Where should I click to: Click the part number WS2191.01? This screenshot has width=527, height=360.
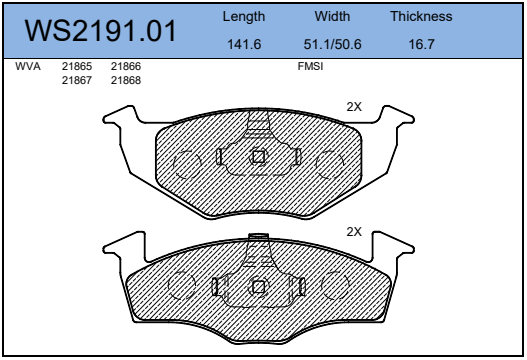[x=100, y=31]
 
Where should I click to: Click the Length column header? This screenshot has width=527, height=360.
[x=244, y=17]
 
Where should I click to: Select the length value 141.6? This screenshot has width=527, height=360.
[x=244, y=44]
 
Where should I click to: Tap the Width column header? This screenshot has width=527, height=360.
[x=332, y=16]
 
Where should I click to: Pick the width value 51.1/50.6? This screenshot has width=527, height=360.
[x=332, y=44]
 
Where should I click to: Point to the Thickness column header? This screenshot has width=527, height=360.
[x=421, y=16]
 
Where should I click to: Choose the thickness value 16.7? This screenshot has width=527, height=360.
[x=421, y=44]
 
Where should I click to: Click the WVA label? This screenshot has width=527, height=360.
[x=28, y=66]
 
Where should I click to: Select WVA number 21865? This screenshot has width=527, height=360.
[x=77, y=66]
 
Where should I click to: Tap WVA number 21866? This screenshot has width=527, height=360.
[x=126, y=66]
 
